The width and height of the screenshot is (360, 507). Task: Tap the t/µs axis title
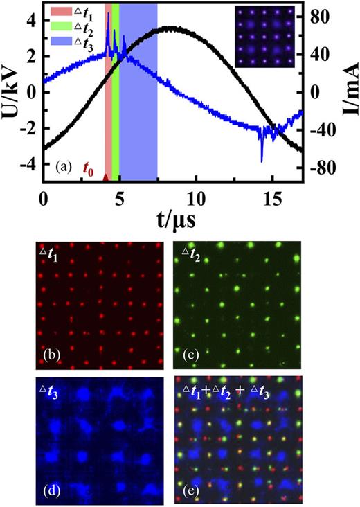[x=172, y=218]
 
